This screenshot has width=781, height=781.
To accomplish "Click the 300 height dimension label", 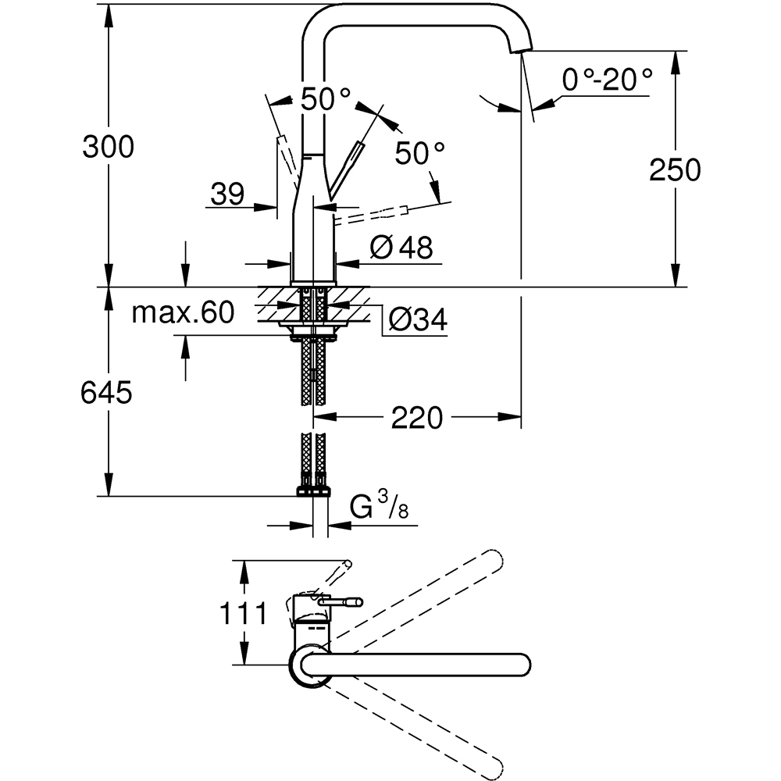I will pos(108,146).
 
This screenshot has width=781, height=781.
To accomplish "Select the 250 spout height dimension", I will pos(675,169).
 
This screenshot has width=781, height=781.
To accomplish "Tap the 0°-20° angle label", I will pos(607,80).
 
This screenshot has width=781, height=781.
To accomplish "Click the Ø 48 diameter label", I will pos(401,248).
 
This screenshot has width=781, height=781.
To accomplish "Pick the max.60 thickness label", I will pos(183,313).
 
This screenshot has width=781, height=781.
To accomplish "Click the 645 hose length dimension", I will pos(106,393).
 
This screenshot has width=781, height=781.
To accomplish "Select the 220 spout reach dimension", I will pos(418,418).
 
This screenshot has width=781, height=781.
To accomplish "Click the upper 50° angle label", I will pos(326,99).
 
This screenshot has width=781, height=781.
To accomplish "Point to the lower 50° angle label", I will pos(419,152).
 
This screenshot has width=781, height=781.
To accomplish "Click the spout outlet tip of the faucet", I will pos(519,48).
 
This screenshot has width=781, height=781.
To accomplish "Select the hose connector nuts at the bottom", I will pos(313,490).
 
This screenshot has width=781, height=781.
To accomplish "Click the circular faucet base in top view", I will pos(308,666).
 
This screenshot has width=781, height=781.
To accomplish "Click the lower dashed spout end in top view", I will pos(492,766).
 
